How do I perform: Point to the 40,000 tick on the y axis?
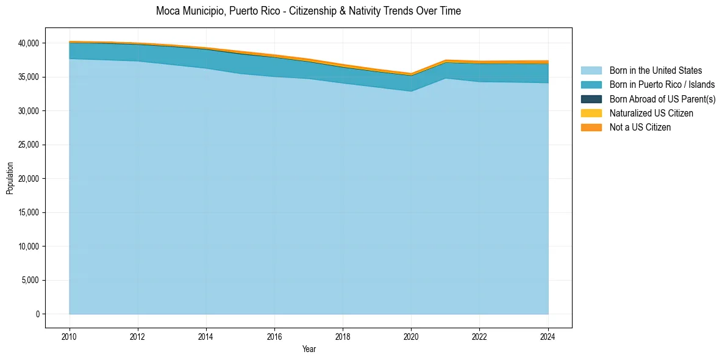click(x=29, y=43)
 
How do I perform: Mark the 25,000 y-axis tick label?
click(x=29, y=145)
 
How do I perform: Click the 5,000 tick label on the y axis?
click(x=30, y=280)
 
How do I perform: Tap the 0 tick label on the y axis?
click(x=37, y=314)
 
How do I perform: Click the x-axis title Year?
click(x=309, y=349)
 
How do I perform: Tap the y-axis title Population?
click(x=10, y=178)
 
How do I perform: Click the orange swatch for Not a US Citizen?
click(x=591, y=127)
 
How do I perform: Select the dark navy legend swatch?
click(x=591, y=99)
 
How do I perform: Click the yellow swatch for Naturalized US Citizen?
click(x=591, y=113)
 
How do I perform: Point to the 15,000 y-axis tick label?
click(x=29, y=212)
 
